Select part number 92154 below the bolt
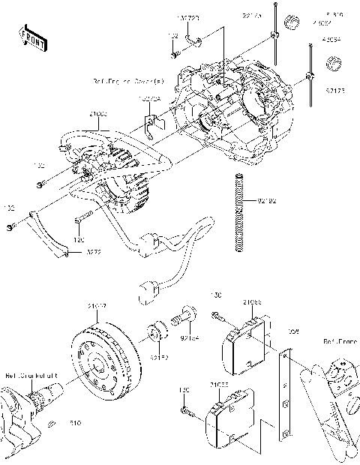point(190,337)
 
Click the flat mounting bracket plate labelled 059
point(285,394)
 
